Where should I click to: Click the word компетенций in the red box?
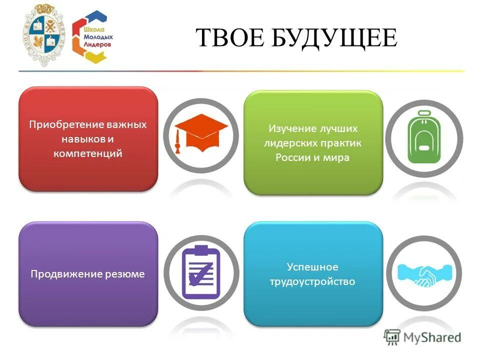[88, 153]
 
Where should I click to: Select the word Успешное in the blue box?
[312, 267]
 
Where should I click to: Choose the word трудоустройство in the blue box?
[312, 281]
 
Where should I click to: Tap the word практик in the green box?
[342, 143]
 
